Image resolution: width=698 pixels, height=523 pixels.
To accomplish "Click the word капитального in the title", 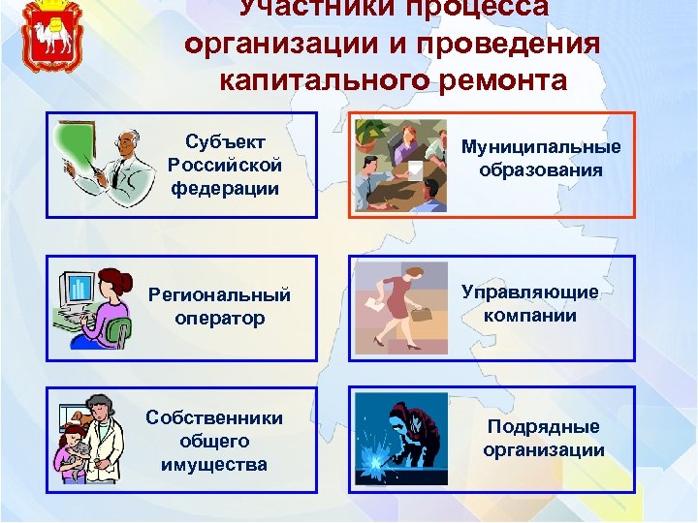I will point(319,79).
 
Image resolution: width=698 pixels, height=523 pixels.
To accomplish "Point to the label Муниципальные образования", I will point(541,158).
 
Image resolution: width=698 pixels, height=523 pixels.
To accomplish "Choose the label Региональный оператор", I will point(218,306).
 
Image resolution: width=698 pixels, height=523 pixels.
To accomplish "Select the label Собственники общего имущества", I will point(214,441).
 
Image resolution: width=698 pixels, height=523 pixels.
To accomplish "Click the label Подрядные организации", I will point(543,438).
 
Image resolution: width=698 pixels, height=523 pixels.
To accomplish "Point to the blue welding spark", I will point(371,461).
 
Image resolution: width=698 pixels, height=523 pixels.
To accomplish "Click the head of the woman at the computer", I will point(113,285).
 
